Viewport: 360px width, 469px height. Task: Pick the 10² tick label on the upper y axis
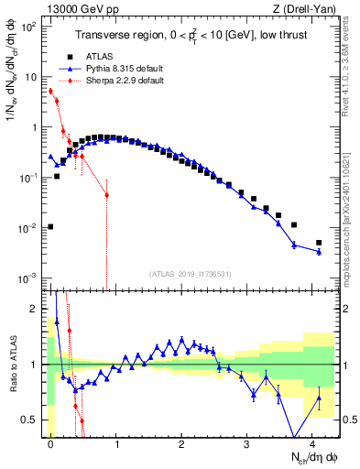32,27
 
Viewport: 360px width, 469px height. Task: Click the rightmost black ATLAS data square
319,243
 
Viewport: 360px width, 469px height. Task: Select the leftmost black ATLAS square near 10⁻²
50,226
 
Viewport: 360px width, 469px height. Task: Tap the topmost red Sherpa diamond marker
50,91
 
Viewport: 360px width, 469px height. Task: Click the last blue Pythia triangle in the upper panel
319,252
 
